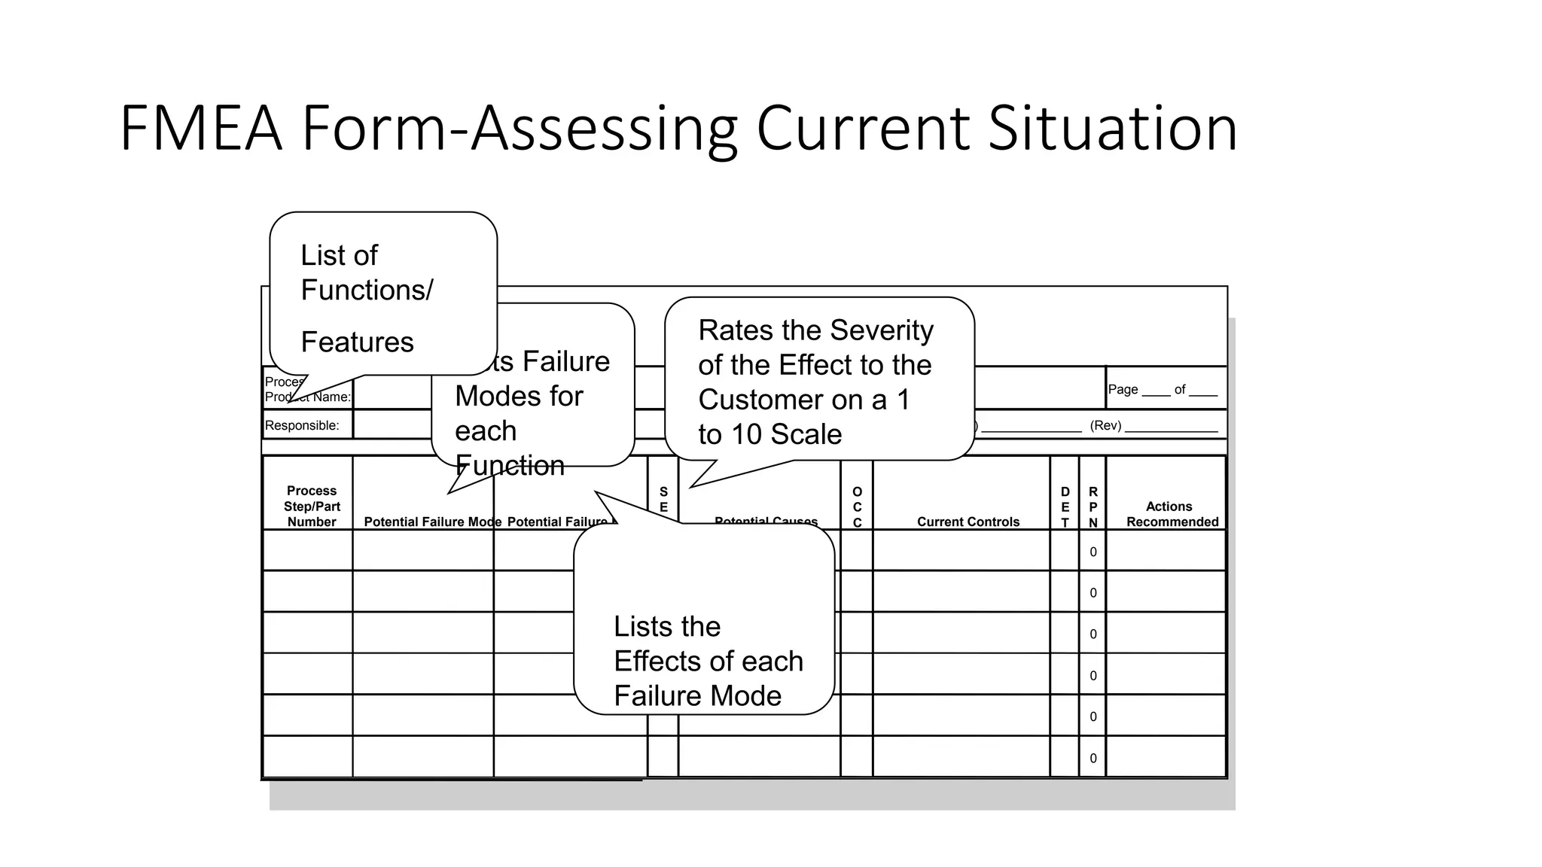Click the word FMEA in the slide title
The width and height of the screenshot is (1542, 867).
[x=201, y=129]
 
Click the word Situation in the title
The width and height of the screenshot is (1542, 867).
[x=1112, y=129]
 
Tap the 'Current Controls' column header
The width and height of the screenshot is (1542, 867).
[x=968, y=522]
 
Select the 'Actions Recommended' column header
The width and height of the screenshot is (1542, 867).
[x=1172, y=514]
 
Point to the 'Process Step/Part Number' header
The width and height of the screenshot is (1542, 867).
[x=312, y=507]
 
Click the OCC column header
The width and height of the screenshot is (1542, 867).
[x=857, y=507]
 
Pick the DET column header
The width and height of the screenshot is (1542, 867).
[x=1065, y=507]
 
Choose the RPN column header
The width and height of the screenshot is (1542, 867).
[x=1093, y=507]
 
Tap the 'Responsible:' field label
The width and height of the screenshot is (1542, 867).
[x=302, y=425]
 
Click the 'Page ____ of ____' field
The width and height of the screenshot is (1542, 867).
[x=1163, y=389]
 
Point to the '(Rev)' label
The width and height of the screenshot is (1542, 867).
[x=1105, y=425]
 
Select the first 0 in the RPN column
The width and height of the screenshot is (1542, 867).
[x=1093, y=552]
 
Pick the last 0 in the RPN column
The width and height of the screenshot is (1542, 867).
[x=1093, y=758]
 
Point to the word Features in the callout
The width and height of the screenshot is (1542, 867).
[x=357, y=342]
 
